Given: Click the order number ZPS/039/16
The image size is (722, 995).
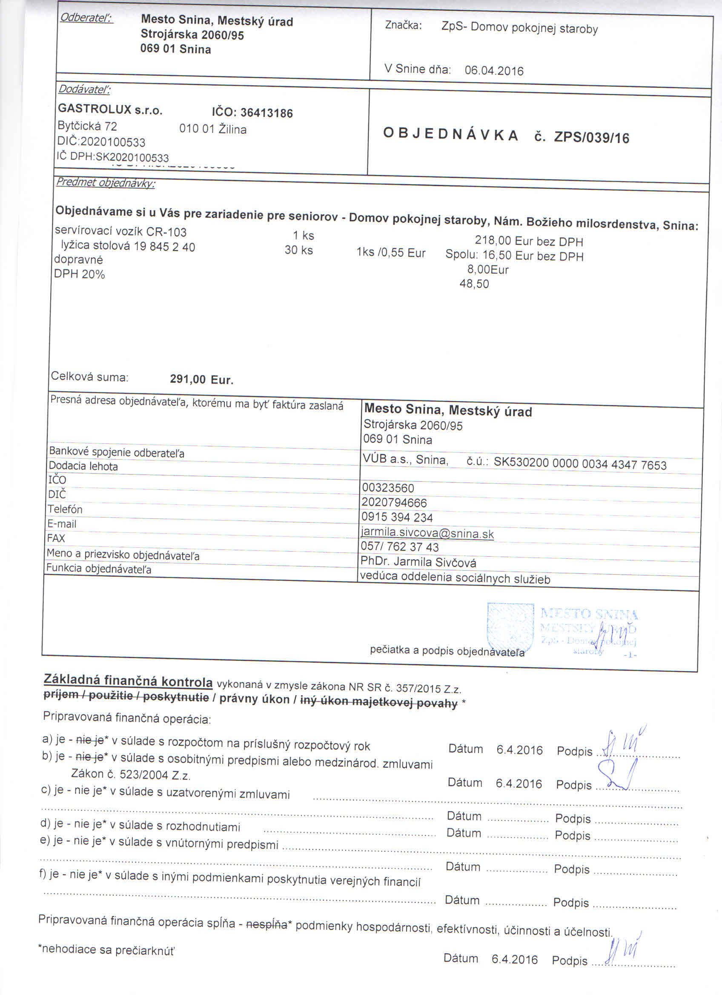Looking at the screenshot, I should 591,138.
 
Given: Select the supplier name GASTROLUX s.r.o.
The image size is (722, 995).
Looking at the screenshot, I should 110,109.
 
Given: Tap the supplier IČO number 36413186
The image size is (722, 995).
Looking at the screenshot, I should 266,113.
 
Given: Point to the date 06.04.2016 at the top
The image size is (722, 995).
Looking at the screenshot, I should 494,71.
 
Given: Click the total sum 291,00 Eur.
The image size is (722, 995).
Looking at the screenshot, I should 201,379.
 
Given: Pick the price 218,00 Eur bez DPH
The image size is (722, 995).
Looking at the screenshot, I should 529,241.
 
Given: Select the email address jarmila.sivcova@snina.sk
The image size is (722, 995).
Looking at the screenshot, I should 427,533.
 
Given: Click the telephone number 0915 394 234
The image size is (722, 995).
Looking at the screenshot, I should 397,517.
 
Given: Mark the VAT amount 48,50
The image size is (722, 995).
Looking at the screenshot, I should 474,284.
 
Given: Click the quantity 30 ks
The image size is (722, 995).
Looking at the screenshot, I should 298,250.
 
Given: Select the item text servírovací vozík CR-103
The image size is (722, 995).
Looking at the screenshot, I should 120,232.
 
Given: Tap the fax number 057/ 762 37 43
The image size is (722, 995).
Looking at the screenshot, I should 399,546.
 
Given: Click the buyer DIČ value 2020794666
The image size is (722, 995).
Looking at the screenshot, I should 394,502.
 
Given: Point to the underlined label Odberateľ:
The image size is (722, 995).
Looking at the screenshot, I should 86,18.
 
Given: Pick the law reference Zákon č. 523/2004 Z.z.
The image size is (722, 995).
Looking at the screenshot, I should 131,774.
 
